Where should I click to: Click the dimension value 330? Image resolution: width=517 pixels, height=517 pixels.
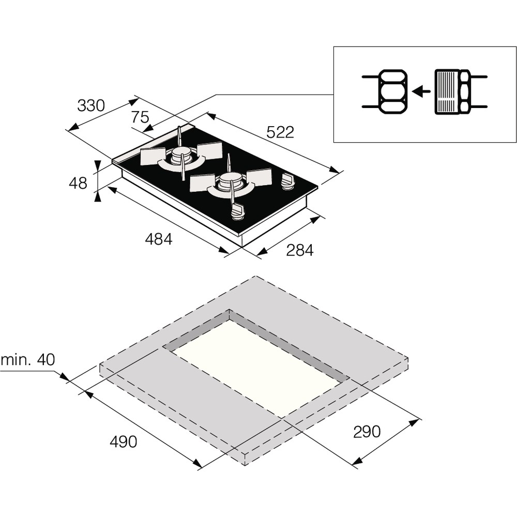pos(91,105)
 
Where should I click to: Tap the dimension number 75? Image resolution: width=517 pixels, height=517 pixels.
pos(140,117)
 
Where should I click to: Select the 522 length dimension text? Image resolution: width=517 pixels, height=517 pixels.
pos(280,132)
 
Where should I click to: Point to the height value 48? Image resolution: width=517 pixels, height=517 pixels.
pos(78,183)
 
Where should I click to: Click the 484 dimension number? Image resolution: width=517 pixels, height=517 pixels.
pos(158,239)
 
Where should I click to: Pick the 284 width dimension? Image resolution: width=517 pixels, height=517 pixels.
pos(299,250)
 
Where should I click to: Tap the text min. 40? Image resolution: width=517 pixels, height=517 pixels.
pos(27,360)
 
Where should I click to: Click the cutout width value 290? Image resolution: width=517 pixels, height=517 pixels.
pos(367,431)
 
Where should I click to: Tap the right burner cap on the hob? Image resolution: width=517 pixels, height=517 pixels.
pos(230,179)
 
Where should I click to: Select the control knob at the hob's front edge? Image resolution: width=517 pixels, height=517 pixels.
pos(237,210)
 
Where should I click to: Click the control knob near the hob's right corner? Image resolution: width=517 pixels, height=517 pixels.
pos(287,181)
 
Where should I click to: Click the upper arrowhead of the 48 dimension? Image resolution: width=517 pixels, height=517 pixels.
pos(97,164)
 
